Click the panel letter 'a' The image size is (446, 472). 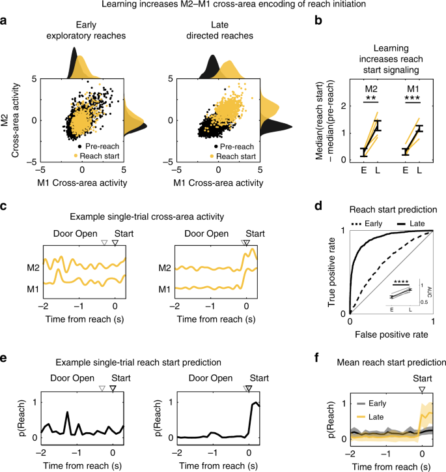click(5, 22)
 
